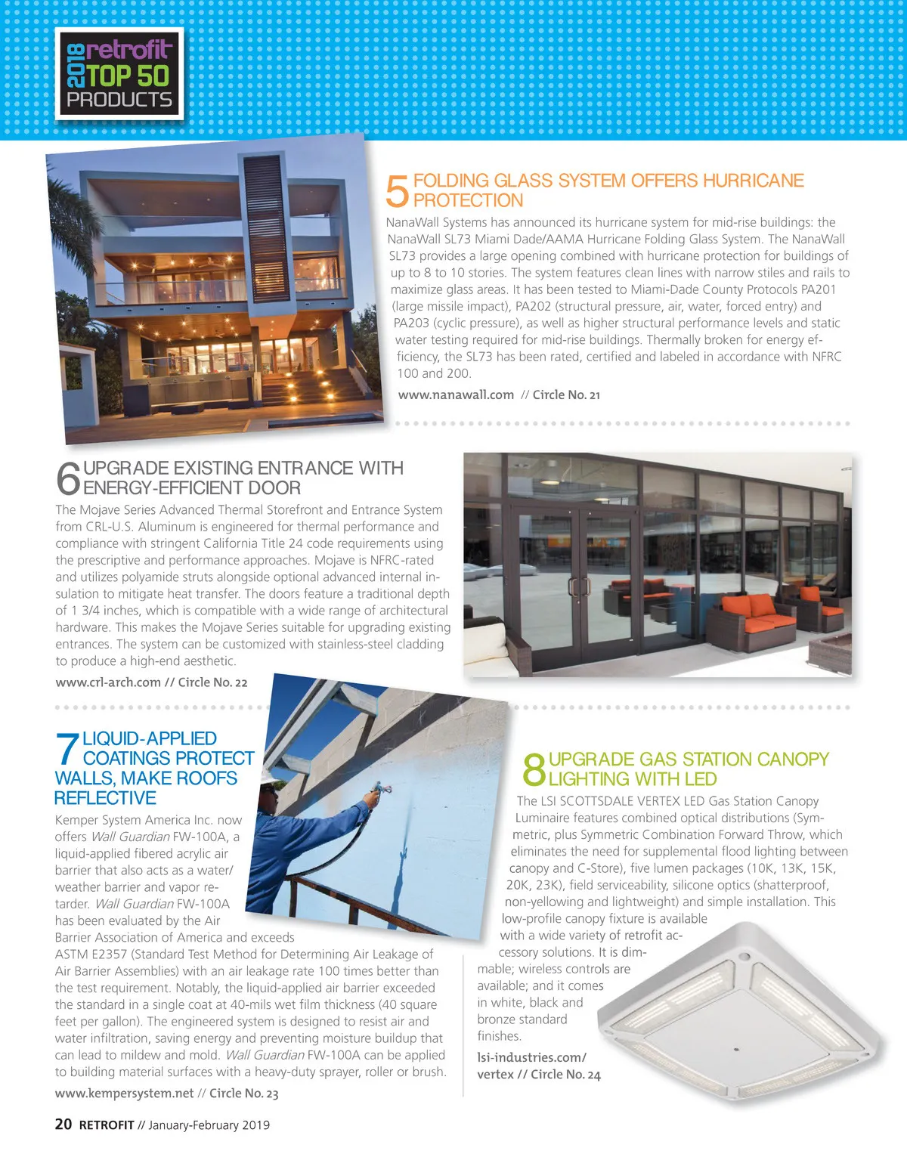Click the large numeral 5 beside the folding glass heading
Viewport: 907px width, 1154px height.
[397, 190]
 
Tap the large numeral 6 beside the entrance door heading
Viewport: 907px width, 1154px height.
[68, 478]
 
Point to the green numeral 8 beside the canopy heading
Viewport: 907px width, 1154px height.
[534, 769]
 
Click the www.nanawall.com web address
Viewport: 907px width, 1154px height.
[456, 394]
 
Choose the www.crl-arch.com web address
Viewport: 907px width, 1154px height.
[108, 682]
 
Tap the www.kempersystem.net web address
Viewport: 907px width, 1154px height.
[124, 1094]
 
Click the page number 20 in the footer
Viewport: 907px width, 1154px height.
[63, 1125]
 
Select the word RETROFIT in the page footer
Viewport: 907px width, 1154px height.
[107, 1125]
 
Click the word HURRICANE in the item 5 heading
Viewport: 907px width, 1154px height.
[753, 181]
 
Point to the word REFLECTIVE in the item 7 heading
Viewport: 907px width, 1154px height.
[105, 798]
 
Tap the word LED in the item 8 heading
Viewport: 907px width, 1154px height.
[701, 779]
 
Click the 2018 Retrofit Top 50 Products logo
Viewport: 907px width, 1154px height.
[119, 73]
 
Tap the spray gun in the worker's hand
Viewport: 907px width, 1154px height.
[373, 792]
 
